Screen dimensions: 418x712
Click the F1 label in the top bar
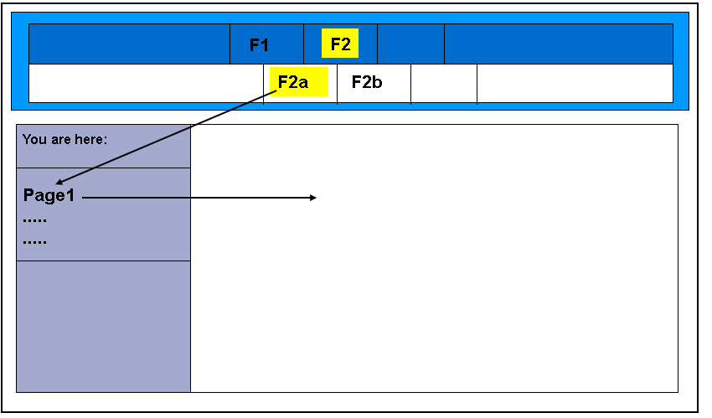[x=259, y=45]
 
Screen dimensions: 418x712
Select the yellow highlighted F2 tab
[x=340, y=44]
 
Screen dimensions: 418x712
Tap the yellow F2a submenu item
[x=294, y=82]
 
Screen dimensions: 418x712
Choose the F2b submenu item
[x=367, y=82]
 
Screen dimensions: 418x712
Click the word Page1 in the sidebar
[x=49, y=197]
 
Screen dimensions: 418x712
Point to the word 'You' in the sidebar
[x=34, y=139]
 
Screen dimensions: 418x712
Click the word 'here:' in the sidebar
[x=91, y=139]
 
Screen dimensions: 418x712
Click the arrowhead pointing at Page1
[x=59, y=182]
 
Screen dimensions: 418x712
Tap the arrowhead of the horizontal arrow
[x=312, y=198]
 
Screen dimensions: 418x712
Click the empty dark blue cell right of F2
[x=410, y=44]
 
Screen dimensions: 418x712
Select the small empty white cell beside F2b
[x=444, y=83]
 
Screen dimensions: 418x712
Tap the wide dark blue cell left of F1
[x=129, y=44]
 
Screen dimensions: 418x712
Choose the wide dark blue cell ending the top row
[x=558, y=44]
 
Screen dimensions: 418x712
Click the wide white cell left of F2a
[x=146, y=83]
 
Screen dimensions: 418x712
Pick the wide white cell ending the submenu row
[x=575, y=83]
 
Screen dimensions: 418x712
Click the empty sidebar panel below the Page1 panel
[x=103, y=326]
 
